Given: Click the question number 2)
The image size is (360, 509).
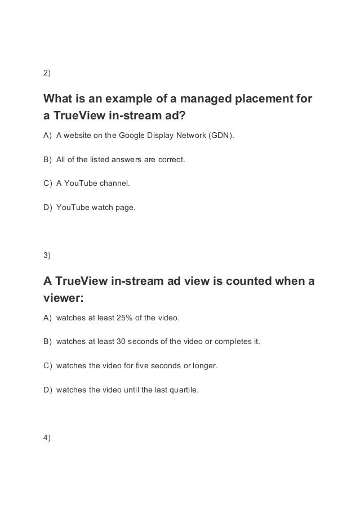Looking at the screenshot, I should coord(47,73).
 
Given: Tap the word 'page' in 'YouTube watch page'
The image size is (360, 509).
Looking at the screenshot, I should coord(126,207).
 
